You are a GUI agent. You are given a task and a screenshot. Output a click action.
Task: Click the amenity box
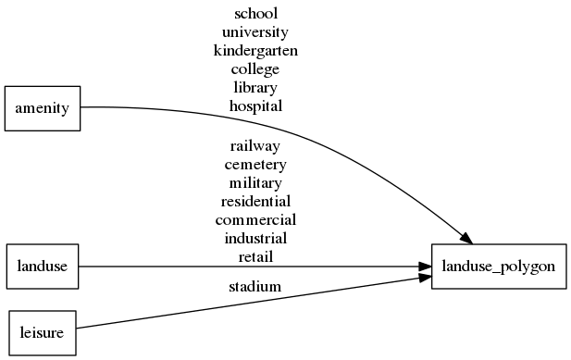click(43, 108)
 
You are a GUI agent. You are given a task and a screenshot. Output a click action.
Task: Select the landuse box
click(43, 267)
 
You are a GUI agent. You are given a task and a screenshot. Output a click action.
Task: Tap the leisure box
click(43, 333)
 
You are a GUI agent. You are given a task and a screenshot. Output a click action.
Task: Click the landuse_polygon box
click(499, 267)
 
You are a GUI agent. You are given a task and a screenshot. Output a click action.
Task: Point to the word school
click(255, 14)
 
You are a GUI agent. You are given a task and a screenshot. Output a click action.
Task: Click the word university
click(255, 32)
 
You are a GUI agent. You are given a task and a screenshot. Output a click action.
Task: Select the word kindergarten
click(255, 51)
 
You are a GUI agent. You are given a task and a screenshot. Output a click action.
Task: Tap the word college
click(255, 69)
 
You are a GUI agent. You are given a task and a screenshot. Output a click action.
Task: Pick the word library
click(255, 88)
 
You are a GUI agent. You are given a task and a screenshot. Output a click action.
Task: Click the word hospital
click(255, 106)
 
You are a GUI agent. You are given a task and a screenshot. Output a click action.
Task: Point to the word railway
click(255, 146)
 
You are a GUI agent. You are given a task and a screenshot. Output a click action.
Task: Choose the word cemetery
click(255, 165)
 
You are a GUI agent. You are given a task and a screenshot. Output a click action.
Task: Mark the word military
click(255, 183)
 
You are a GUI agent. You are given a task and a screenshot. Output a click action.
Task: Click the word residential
click(255, 202)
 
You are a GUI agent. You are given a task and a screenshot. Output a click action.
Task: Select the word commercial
click(255, 220)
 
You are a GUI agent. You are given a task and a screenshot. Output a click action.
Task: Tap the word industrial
click(255, 239)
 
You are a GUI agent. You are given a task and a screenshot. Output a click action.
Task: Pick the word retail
click(255, 256)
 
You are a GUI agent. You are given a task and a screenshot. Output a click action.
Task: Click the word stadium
click(255, 287)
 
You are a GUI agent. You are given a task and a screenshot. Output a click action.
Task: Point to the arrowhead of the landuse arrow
click(425, 267)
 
